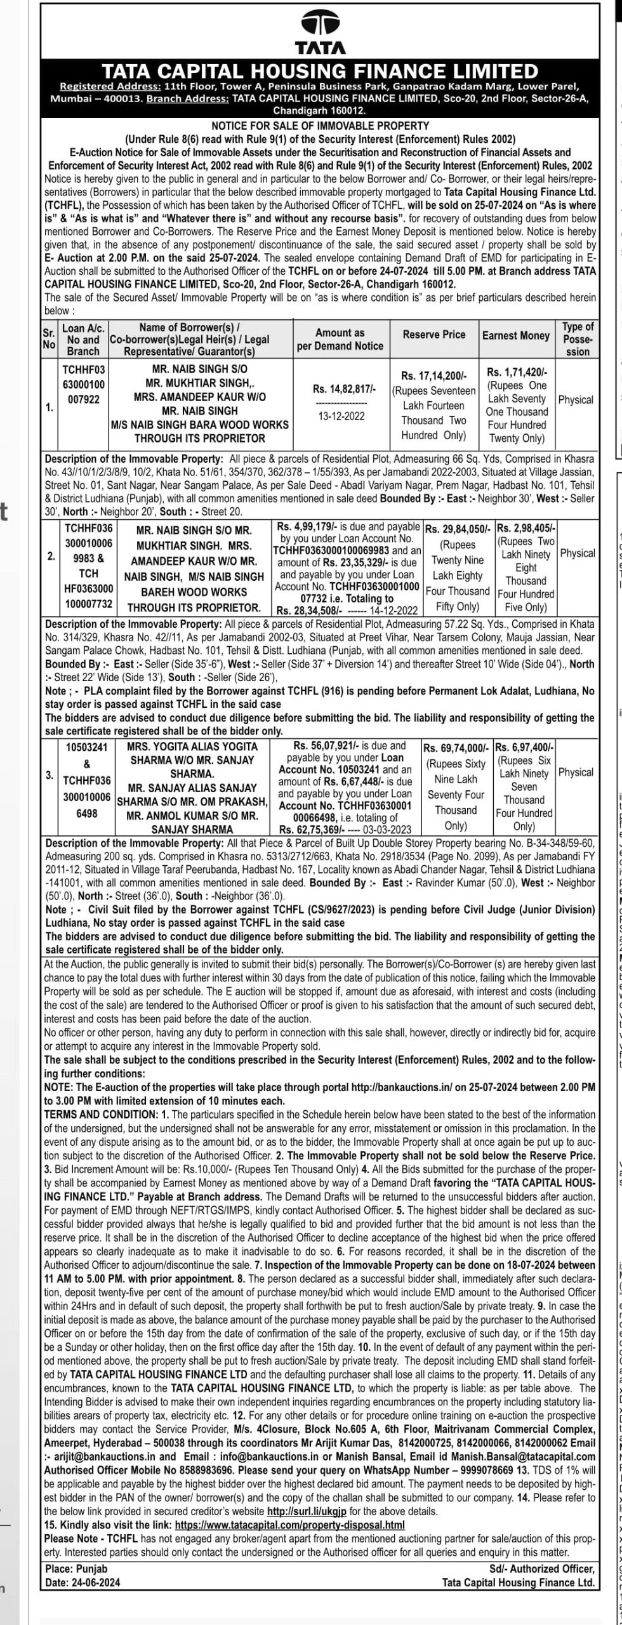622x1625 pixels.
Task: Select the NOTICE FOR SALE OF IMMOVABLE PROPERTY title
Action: (320, 126)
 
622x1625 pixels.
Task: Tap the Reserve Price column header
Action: (434, 335)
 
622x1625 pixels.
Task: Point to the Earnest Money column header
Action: (516, 335)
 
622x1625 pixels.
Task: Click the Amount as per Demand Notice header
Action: (340, 340)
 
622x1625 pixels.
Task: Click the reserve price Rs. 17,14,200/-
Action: (434, 376)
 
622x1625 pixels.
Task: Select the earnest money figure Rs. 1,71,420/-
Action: (517, 372)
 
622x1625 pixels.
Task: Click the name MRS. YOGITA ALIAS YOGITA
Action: (191, 746)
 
